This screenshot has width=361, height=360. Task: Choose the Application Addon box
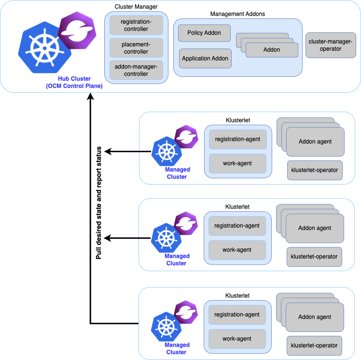point(205,58)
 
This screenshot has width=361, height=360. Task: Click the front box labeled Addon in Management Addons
point(271,50)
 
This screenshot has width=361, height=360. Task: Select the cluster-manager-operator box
point(331,45)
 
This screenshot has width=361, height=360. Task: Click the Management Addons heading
point(237,14)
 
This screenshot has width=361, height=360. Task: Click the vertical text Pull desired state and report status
point(99,202)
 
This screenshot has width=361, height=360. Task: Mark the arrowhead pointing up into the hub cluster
point(90,98)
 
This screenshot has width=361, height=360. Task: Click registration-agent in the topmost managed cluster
point(237,139)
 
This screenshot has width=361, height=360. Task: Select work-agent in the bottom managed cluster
point(237,339)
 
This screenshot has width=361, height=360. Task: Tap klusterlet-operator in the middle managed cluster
point(315,257)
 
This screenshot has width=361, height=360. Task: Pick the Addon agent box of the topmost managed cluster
point(315,142)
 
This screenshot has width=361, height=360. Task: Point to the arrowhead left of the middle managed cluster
point(109,238)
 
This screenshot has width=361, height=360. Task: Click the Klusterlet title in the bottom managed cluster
point(237,295)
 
